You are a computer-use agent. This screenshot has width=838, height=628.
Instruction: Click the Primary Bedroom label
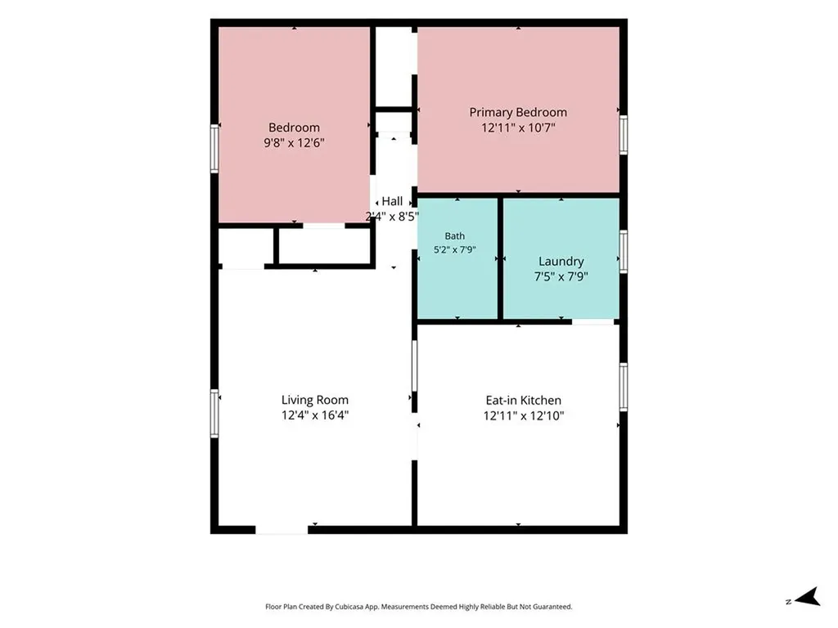[518, 113]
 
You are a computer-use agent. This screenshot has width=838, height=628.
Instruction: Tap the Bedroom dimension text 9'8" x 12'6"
[294, 143]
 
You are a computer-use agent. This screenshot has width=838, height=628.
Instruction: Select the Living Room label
[315, 400]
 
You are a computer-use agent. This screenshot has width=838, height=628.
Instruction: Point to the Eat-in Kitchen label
[523, 401]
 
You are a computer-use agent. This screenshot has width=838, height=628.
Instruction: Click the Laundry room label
[561, 262]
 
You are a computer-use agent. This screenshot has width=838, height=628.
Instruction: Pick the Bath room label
[455, 236]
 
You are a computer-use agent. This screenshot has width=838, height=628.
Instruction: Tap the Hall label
[392, 201]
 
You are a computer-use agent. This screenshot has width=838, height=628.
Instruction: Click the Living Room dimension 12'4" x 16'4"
[315, 415]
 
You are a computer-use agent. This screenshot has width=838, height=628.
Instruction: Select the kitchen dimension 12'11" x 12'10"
[524, 416]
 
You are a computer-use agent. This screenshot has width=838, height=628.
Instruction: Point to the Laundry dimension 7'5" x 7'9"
[561, 276]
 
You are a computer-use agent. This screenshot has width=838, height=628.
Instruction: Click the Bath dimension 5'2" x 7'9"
[455, 249]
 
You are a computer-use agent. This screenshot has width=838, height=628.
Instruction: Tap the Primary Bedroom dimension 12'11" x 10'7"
[518, 128]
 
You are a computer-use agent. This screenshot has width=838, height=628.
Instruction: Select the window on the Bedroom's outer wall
[214, 149]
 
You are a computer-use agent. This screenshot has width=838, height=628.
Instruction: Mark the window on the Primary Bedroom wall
[623, 135]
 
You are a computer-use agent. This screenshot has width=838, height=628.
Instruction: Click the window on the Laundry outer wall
[623, 252]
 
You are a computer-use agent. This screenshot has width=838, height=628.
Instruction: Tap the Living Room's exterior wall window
[214, 413]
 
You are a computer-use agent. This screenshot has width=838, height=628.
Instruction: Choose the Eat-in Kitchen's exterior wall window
[623, 387]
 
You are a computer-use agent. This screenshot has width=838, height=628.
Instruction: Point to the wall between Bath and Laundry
[500, 259]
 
